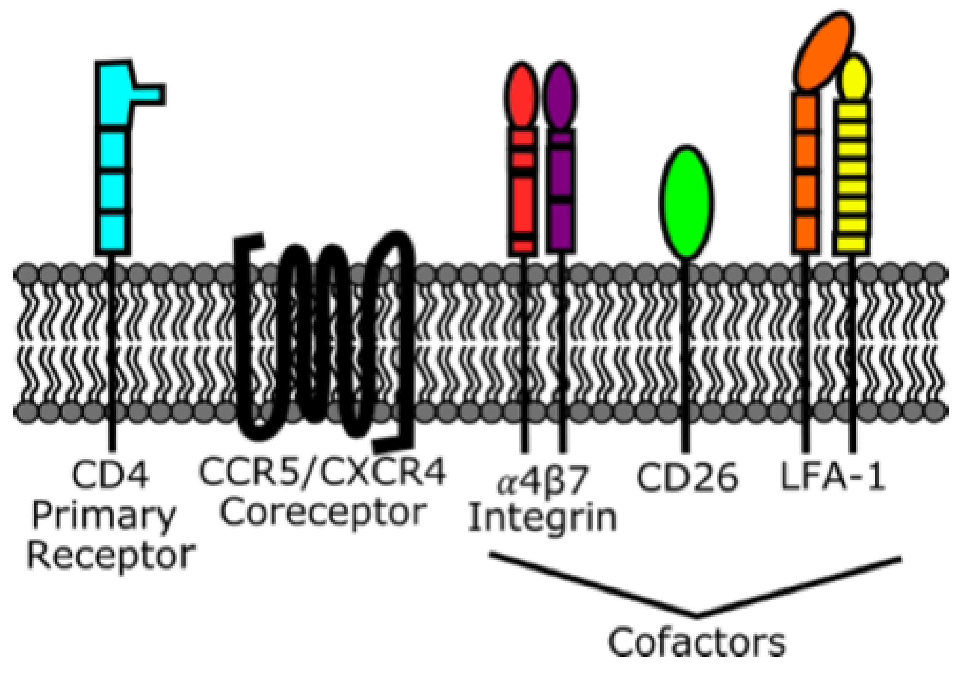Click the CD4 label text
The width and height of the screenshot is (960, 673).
[x=110, y=475]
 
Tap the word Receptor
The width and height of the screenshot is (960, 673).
[x=111, y=557]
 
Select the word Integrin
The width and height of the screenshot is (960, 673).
[x=543, y=519]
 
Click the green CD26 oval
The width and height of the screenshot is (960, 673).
[x=687, y=202]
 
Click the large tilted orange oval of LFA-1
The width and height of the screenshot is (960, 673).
[x=823, y=50]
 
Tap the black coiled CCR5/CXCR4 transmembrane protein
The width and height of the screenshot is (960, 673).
[x=324, y=339]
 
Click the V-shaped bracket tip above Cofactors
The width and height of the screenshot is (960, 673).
[x=697, y=615]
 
